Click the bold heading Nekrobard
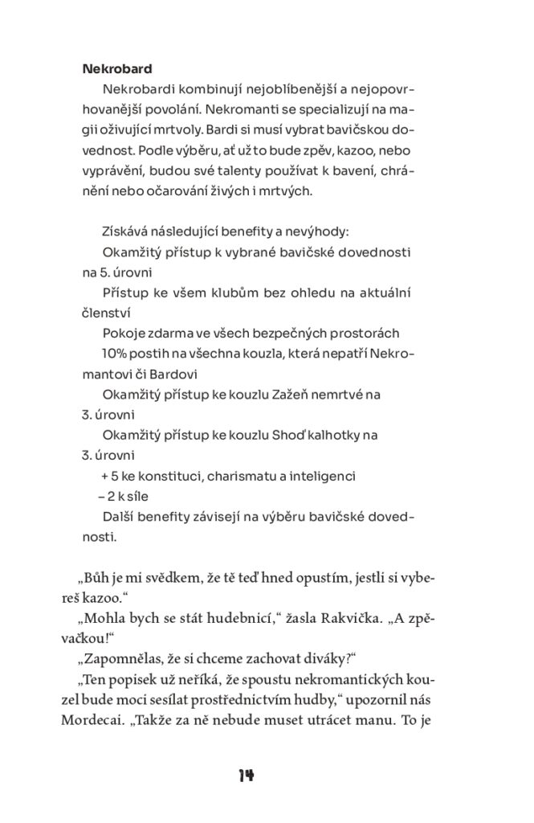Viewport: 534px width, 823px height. tap(117, 68)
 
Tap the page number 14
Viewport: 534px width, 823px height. tap(246, 775)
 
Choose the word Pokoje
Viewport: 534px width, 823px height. tap(123, 333)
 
